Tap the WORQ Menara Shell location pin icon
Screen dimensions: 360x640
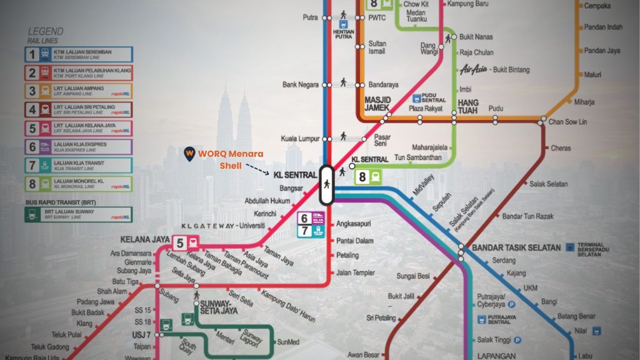tap(188, 153)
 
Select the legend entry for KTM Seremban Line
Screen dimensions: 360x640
tap(79, 54)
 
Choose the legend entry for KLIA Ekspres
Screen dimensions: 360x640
tap(79, 147)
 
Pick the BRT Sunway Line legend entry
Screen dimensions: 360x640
tap(79, 214)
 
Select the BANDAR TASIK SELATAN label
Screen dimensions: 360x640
tap(516, 247)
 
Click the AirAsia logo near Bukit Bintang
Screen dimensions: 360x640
tap(473, 70)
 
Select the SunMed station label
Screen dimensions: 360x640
tap(288, 342)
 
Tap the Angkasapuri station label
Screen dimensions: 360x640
tap(354, 222)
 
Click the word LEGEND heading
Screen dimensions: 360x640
tap(46, 31)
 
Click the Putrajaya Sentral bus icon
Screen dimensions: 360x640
tap(481, 319)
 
